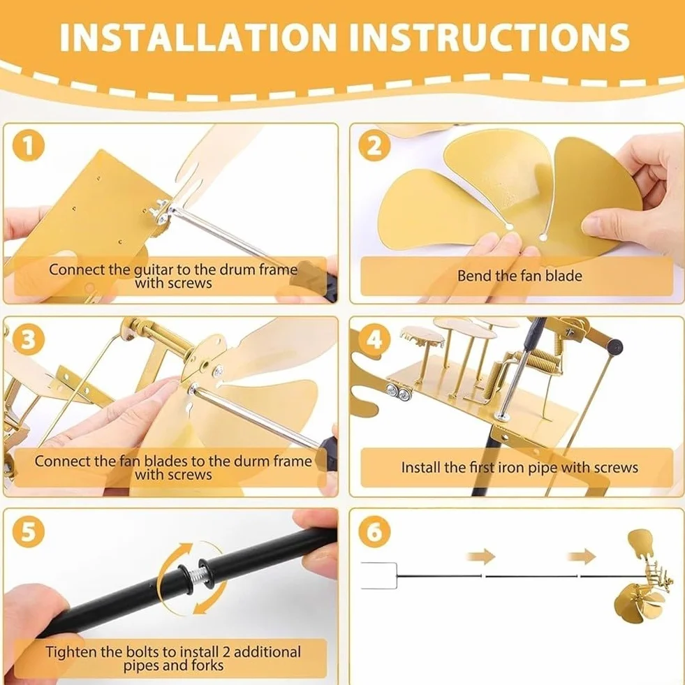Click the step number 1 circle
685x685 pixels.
tap(28, 145)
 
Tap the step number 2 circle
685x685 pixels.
tap(374, 145)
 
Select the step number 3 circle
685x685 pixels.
tap(28, 339)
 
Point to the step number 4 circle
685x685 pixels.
tap(374, 339)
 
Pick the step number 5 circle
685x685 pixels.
tap(28, 531)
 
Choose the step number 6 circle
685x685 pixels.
tap(374, 531)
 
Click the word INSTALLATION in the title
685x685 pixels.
tap(198, 37)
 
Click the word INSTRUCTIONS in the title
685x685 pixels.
tap(489, 37)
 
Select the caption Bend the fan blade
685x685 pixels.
tap(520, 276)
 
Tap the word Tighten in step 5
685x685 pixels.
tap(71, 652)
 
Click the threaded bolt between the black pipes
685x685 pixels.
tap(194, 577)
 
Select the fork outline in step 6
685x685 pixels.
tap(378, 576)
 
